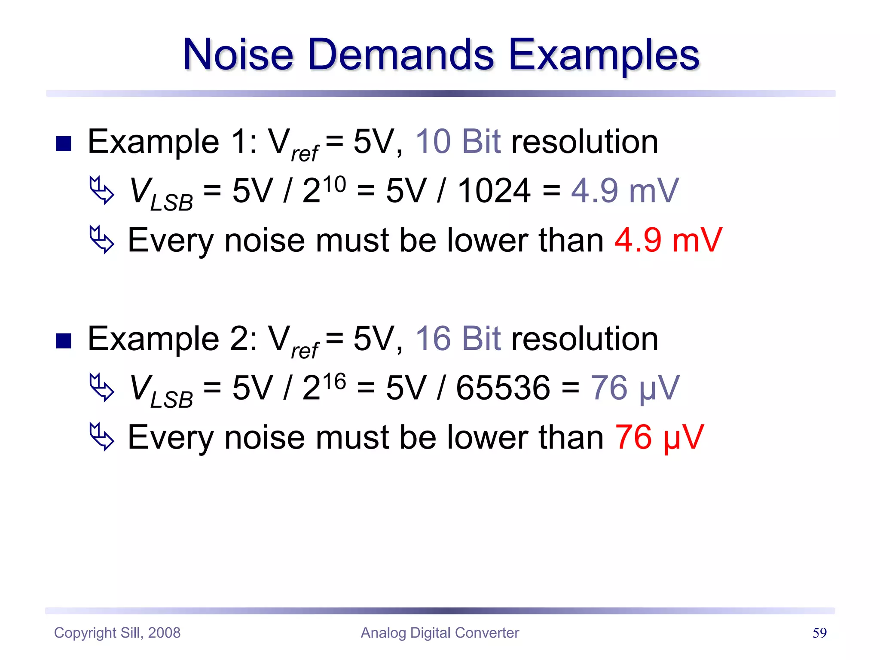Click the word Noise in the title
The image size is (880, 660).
[238, 55]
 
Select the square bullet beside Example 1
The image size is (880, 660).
[64, 144]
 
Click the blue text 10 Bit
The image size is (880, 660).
[458, 141]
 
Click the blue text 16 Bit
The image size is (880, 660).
[458, 339]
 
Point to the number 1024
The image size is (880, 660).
[494, 191]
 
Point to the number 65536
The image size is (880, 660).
[503, 388]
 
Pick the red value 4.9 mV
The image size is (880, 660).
[668, 240]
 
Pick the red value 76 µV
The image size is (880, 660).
[660, 437]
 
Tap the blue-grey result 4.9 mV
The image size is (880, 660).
[625, 191]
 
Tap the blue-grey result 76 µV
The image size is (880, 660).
[635, 388]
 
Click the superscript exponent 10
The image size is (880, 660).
[334, 184]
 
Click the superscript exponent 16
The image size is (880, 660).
[334, 382]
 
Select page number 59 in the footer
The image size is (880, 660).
[819, 632]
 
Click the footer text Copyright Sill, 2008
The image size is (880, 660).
[117, 632]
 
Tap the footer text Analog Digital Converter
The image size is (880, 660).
[440, 632]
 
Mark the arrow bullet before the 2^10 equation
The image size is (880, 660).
[102, 190]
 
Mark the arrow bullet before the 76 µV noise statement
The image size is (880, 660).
[102, 437]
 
